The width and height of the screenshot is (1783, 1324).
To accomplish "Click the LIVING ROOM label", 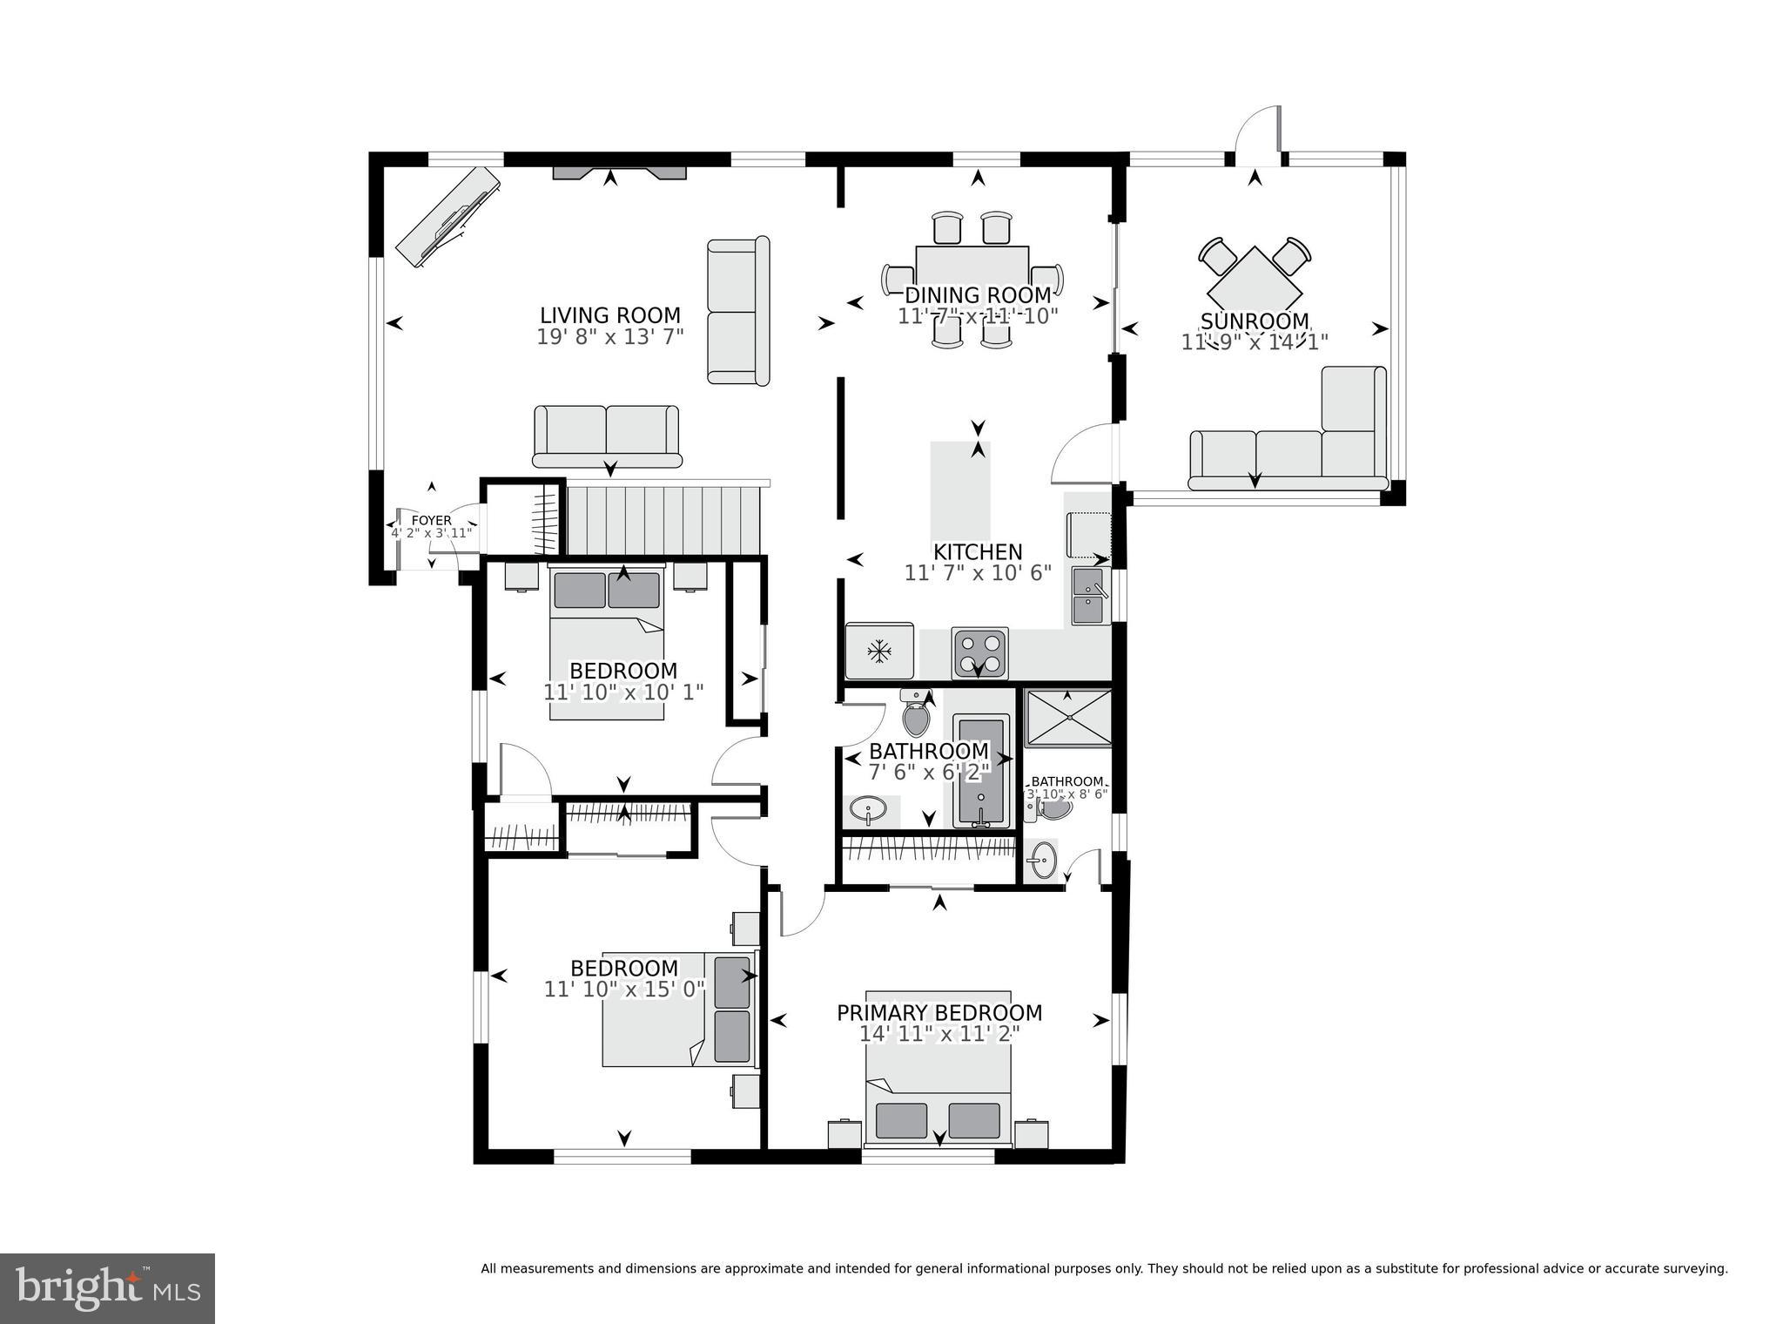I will click(x=609, y=315).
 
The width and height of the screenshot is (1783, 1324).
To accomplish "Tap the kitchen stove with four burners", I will click(x=979, y=652).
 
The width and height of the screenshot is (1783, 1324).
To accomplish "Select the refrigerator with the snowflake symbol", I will click(x=879, y=651).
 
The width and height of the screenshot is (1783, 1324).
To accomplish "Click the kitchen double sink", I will click(x=1088, y=596).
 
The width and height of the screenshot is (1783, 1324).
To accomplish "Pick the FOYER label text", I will click(x=431, y=521).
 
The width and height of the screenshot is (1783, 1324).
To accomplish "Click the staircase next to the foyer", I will click(x=663, y=520).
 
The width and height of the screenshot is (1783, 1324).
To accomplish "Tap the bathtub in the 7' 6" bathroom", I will click(x=981, y=770).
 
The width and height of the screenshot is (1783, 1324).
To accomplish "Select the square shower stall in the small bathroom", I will click(x=1068, y=719).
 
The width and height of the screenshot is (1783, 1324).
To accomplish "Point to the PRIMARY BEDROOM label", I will click(x=939, y=1013).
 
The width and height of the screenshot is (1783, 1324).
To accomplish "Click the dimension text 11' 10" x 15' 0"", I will click(x=624, y=990).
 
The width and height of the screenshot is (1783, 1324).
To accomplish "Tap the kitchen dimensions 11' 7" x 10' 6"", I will click(x=978, y=573).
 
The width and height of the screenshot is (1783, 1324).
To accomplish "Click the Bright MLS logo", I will click(x=107, y=1288).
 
